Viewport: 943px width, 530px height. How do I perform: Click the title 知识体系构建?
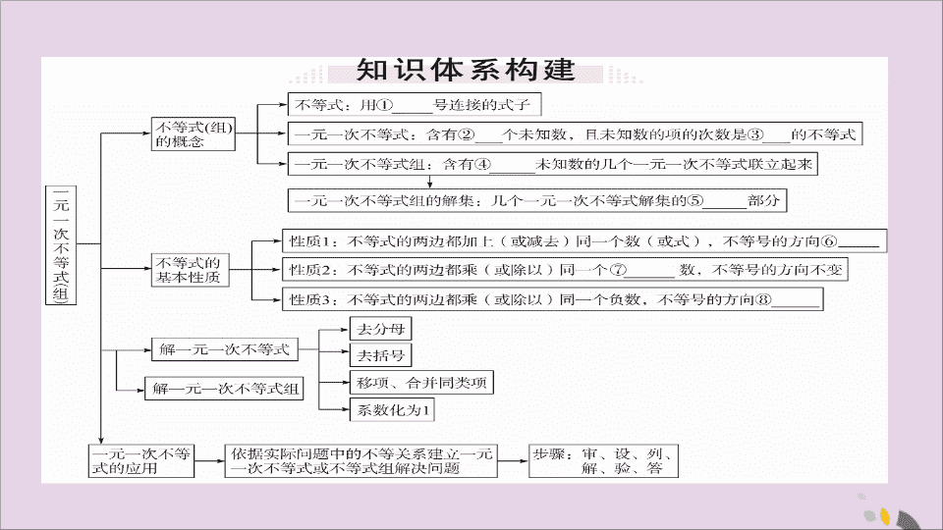466,71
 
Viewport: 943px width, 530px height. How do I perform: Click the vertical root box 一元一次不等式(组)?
61,245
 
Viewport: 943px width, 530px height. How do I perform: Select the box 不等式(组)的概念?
194,133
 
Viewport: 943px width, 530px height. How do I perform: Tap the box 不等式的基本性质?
190,270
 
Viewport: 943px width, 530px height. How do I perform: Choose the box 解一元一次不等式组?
224,389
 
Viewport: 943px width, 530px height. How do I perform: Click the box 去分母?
381,329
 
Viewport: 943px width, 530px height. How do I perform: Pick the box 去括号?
381,355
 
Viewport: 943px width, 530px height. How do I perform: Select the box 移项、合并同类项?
421,382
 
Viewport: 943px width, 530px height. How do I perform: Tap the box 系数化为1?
392,410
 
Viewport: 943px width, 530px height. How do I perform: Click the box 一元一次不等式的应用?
141,461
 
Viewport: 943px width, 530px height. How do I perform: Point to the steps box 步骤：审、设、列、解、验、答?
603,461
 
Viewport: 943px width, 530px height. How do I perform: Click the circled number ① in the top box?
384,105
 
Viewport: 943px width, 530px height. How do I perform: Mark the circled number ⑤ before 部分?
694,200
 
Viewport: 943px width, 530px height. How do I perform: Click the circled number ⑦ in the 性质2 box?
618,270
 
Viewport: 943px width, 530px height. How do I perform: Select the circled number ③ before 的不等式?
755,134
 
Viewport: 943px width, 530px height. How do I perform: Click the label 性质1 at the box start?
305,241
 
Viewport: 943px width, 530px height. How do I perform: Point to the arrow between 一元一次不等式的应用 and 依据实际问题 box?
209,461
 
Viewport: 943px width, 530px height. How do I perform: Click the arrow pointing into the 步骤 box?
513,461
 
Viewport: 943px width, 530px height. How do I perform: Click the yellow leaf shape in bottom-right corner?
885,515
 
